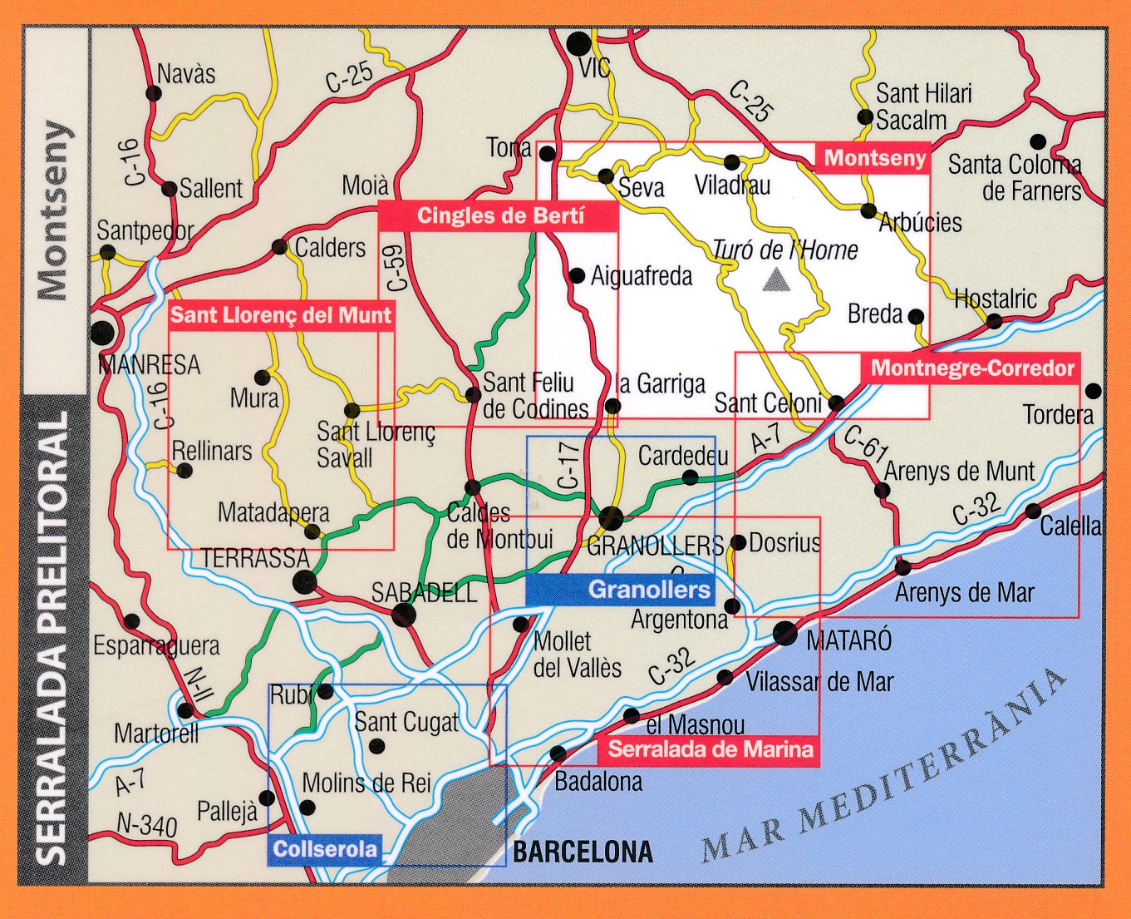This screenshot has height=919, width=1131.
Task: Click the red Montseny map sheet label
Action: [x=873, y=158]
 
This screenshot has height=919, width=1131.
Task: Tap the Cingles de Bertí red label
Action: [x=499, y=216]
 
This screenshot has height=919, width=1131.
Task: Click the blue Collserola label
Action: [x=324, y=849]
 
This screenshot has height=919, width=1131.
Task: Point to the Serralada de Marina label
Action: [x=710, y=749]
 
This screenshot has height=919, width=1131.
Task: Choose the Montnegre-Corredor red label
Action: [x=971, y=368]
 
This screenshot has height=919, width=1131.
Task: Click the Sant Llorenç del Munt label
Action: [x=280, y=315]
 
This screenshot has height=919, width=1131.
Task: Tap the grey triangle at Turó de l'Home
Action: [x=776, y=280]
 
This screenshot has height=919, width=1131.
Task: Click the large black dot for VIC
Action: [x=578, y=44]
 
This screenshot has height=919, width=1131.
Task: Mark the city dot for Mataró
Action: [x=784, y=634]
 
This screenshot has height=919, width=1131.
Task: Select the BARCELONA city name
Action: [x=583, y=852]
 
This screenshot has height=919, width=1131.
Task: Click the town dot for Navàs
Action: [x=154, y=92]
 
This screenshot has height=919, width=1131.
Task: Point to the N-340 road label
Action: [x=146, y=824]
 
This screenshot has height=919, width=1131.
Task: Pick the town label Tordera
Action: [x=1058, y=414]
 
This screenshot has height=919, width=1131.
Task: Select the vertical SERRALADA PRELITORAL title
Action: [x=54, y=637]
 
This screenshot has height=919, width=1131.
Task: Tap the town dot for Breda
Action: [x=916, y=316]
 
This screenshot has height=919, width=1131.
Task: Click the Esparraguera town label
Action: [x=156, y=645]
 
